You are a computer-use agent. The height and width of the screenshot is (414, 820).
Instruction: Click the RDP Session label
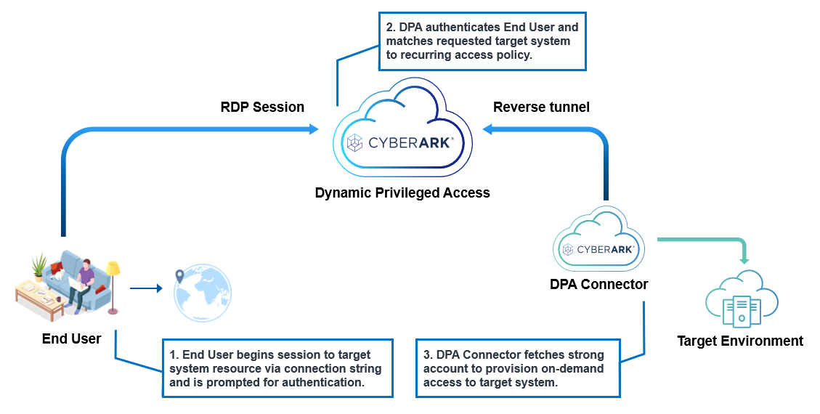point(262,107)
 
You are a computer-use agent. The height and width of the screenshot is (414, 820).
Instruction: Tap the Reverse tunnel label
point(541,107)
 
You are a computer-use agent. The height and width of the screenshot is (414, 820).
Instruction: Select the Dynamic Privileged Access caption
point(402,193)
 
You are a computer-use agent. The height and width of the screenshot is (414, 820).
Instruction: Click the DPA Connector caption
point(598,285)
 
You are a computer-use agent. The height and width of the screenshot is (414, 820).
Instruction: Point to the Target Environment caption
point(740,341)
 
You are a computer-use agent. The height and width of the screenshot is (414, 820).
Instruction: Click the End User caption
point(71,338)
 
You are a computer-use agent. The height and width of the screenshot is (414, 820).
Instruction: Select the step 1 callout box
point(277,368)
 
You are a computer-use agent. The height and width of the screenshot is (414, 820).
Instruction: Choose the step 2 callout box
point(482,41)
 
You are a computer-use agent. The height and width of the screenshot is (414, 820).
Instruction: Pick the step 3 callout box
point(518,368)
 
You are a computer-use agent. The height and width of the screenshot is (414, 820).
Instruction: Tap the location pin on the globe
point(179,277)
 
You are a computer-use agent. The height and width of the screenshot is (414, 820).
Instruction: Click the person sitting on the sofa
point(83,279)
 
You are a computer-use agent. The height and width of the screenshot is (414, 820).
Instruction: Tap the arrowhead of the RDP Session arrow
point(314,129)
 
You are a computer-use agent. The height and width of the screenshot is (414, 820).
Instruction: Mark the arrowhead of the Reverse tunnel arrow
point(488,129)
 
